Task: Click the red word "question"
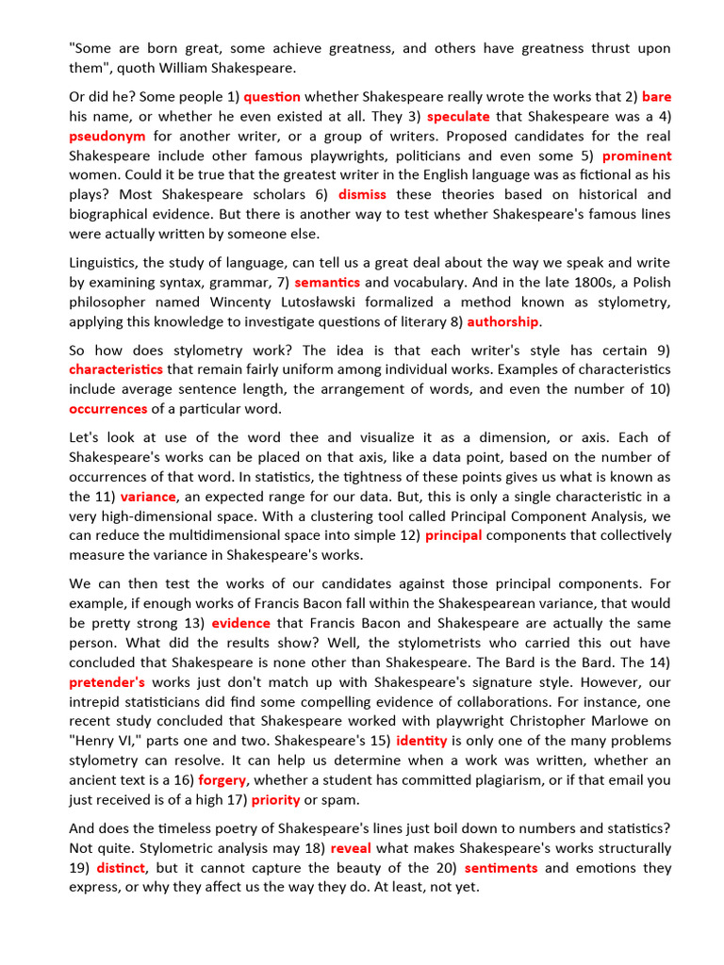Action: (x=271, y=96)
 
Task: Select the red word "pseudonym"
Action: (x=107, y=136)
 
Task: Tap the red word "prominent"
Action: (x=637, y=155)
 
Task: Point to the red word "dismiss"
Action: (x=362, y=195)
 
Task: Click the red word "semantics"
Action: (x=327, y=282)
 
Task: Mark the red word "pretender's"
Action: (x=107, y=680)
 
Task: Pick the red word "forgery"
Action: (x=222, y=779)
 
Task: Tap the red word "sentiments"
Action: (x=501, y=868)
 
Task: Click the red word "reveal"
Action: (x=351, y=848)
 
